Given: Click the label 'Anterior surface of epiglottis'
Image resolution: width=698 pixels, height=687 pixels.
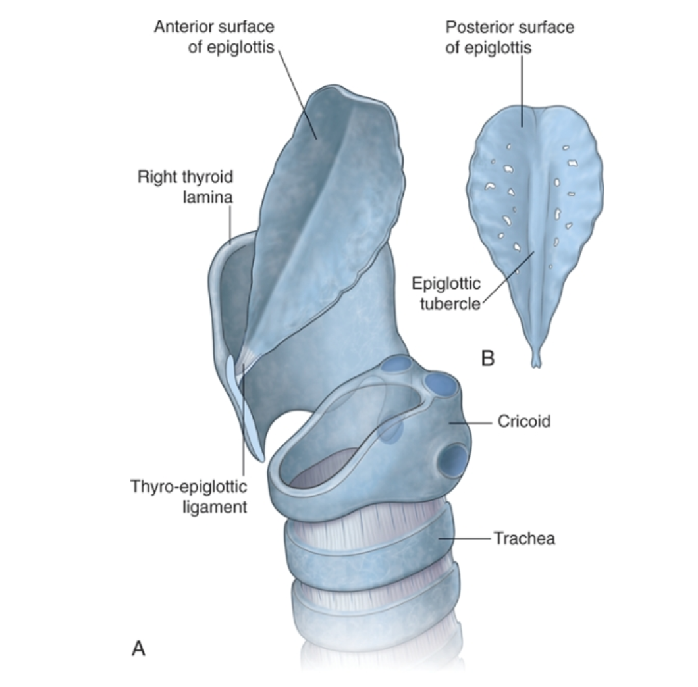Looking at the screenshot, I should click(213, 38).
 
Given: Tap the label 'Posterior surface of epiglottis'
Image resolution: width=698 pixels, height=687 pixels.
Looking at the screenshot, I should click(509, 38).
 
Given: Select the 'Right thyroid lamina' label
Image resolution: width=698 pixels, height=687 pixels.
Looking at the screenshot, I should click(185, 187).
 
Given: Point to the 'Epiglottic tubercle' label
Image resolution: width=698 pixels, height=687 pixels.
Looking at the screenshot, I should click(446, 294).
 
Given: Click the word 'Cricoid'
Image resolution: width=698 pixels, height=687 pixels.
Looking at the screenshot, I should click(523, 421).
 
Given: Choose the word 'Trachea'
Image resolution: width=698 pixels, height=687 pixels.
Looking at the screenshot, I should click(524, 538).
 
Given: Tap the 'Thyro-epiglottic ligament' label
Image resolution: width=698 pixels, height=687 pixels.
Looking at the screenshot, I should click(188, 497).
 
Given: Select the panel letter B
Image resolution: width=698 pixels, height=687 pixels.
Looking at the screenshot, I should click(488, 359).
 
